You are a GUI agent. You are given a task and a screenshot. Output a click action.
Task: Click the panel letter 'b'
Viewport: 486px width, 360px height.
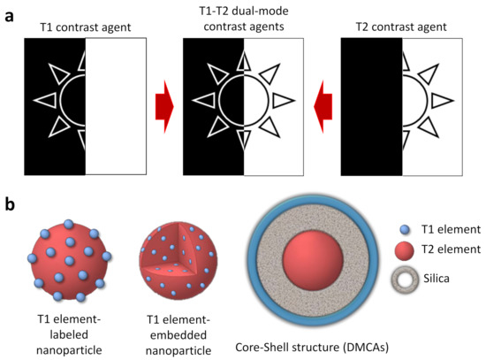[x=10, y=205]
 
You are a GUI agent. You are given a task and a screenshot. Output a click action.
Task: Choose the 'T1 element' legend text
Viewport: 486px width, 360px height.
[x=452, y=227]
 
